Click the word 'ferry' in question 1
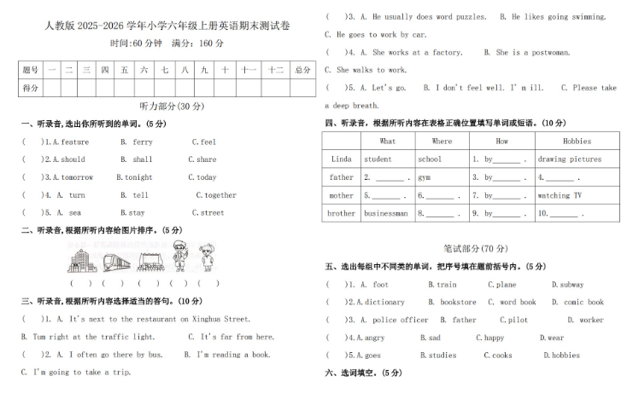143,142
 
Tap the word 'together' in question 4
220,195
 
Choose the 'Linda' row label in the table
341,159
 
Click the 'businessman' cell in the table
386,214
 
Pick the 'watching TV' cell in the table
560,195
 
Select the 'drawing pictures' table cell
569,159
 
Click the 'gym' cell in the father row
425,177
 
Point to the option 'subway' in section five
567,285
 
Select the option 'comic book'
583,302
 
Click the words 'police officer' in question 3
401,320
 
